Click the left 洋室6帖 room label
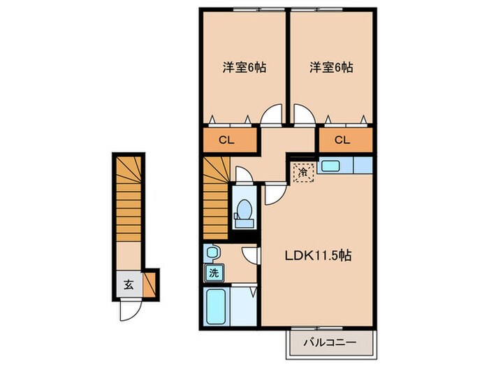[244, 68]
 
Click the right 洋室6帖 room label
[330, 68]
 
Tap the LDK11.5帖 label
[316, 256]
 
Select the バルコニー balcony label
[330, 343]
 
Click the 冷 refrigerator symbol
[303, 171]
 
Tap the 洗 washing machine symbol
[212, 273]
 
